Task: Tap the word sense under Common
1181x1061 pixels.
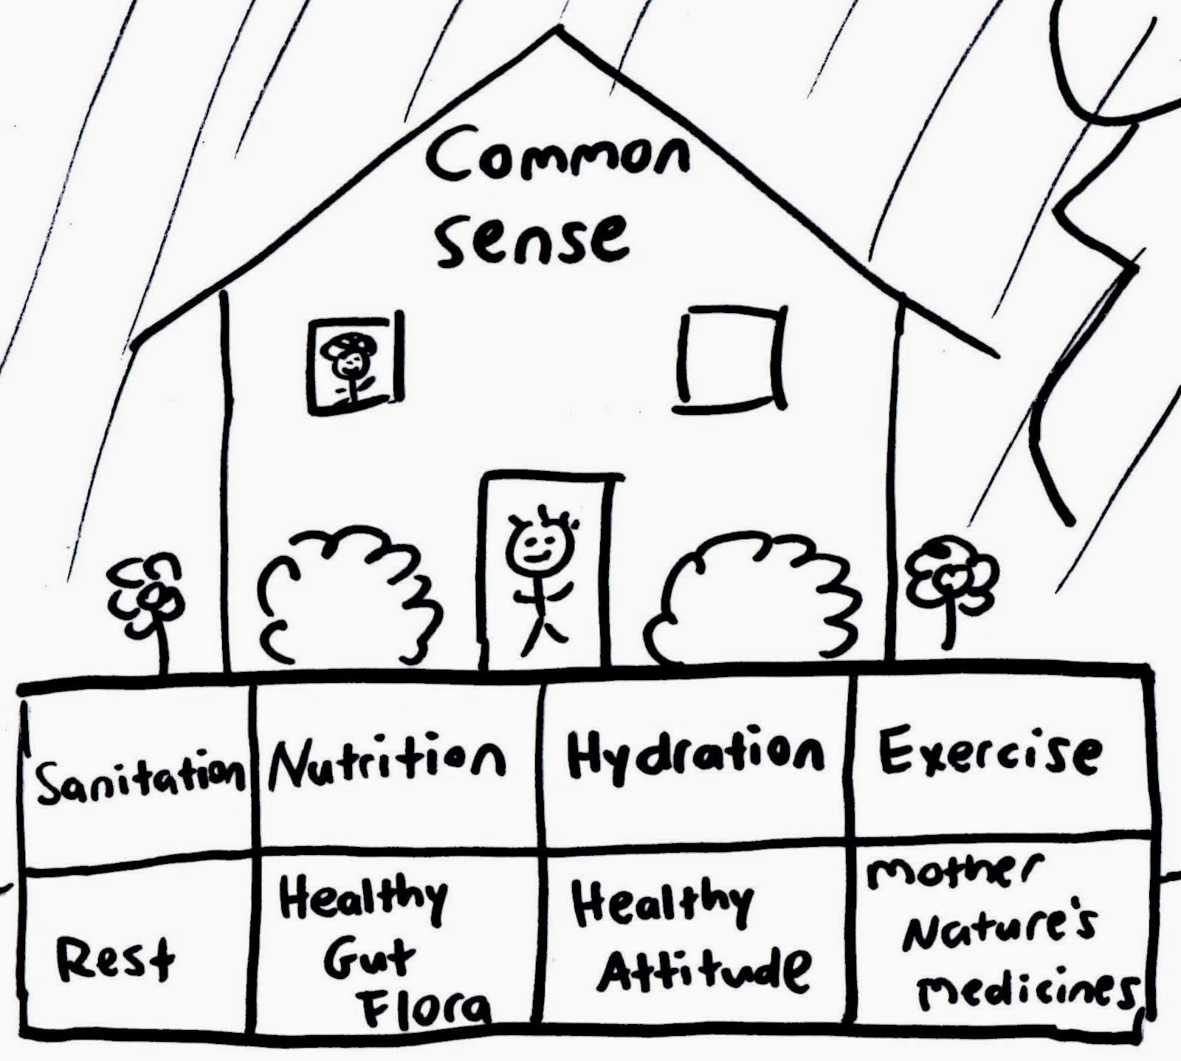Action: click(x=533, y=240)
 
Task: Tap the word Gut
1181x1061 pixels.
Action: click(x=369, y=960)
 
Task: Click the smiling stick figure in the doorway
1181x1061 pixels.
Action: click(x=545, y=576)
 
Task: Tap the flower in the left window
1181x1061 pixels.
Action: click(x=353, y=363)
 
